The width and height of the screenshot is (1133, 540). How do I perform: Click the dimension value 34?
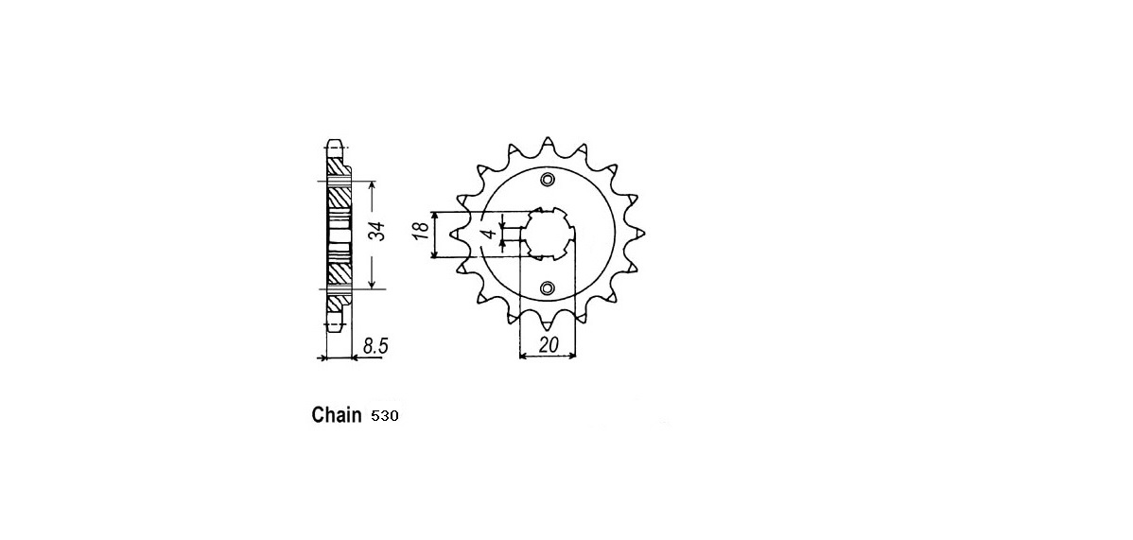[x=378, y=233]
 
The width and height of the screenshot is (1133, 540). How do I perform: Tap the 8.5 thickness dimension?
[x=375, y=346]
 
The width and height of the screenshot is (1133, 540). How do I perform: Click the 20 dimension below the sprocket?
[x=548, y=345]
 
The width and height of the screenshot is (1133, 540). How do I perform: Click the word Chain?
[x=336, y=415]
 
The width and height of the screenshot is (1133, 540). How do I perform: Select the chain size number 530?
[x=383, y=416]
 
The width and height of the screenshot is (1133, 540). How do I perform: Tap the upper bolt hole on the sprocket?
[x=547, y=180]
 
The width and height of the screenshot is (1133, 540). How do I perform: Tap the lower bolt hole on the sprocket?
[x=547, y=287]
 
